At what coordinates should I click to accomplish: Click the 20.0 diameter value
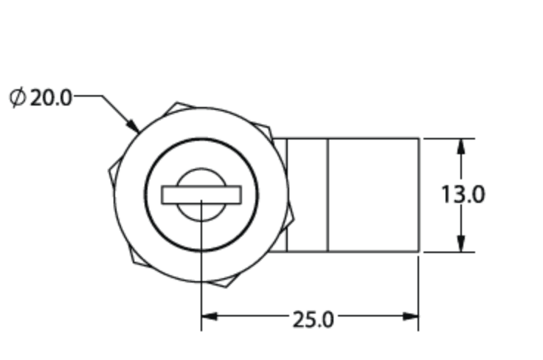(x=51, y=97)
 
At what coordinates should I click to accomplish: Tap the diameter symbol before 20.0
(x=18, y=97)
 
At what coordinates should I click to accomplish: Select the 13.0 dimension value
(x=463, y=195)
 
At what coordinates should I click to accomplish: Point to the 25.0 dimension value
(x=313, y=319)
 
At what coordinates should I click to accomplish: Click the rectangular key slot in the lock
(x=201, y=195)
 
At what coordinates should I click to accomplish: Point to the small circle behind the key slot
(x=201, y=177)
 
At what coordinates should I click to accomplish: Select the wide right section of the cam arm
(x=373, y=195)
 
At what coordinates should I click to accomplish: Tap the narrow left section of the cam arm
(x=307, y=195)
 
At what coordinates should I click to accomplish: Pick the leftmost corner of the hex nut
(x=109, y=171)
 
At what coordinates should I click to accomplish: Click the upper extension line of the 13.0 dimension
(x=447, y=138)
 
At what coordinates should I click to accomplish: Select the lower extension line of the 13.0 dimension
(x=447, y=252)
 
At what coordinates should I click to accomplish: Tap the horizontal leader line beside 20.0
(x=87, y=96)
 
